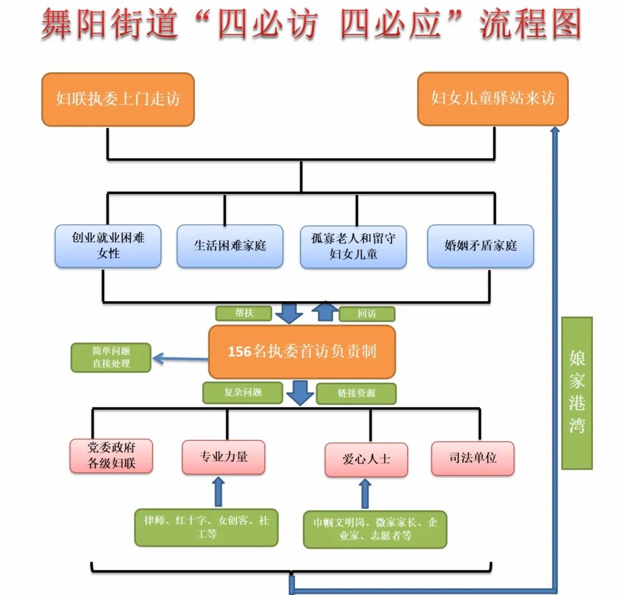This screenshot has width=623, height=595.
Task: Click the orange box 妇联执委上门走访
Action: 118,99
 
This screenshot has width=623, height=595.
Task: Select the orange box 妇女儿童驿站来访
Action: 493,99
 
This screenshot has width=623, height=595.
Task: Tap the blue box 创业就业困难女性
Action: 108,246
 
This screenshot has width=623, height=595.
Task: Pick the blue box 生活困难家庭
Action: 230,246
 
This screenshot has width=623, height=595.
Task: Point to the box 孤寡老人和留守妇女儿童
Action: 353,246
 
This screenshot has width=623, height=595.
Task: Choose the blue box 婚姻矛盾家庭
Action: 481,246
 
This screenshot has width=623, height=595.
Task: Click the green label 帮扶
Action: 243,313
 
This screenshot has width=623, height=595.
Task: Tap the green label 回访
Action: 367,314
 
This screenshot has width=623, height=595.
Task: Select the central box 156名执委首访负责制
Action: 302,351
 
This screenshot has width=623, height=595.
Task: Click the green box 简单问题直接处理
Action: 111,358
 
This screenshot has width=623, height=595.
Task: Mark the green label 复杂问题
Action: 243,392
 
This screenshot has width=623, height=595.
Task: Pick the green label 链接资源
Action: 356,394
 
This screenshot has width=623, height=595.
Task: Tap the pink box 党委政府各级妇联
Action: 111,456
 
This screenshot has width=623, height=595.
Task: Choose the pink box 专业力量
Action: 223,457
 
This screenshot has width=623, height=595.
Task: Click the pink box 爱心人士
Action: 366,459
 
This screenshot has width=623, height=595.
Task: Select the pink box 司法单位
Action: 472,458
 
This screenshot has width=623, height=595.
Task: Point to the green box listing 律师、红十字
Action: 207,527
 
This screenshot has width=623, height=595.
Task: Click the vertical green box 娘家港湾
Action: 577,392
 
